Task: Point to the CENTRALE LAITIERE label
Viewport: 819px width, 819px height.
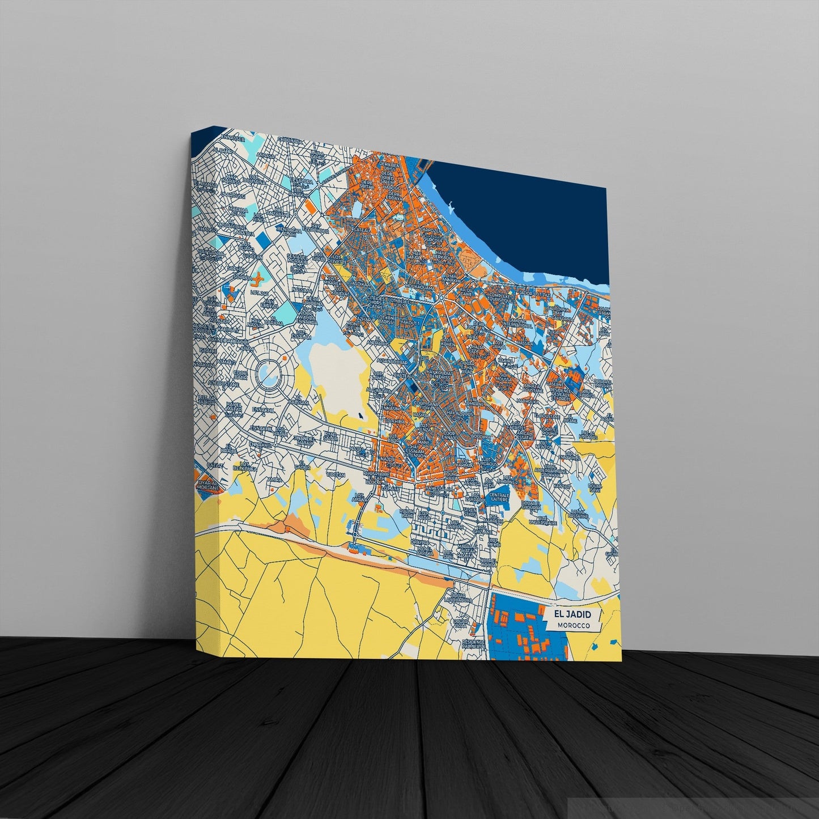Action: (499, 497)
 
